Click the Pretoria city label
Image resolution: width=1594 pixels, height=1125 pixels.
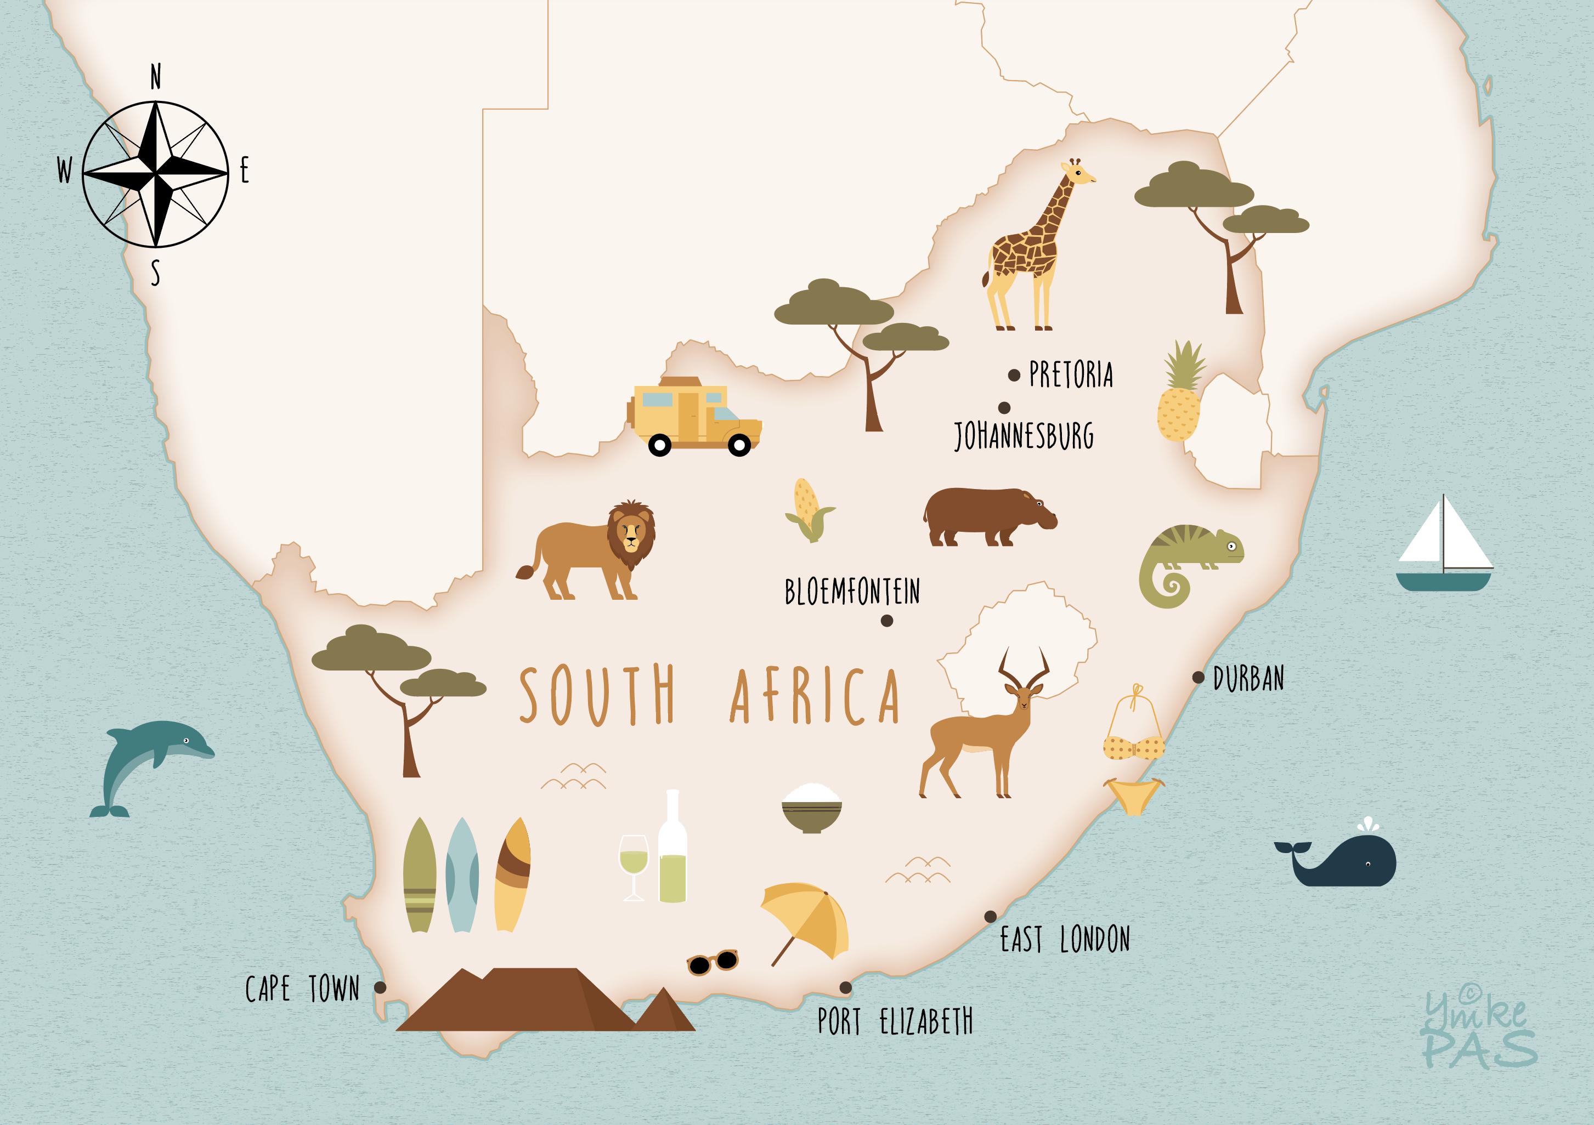[x=1071, y=375]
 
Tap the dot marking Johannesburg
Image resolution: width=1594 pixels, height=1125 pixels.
[x=1004, y=407]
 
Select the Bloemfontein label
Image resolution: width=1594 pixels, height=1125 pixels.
[x=852, y=592]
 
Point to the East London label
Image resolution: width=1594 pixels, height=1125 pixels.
[x=1064, y=940]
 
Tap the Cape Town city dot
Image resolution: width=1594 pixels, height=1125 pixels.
[x=380, y=987]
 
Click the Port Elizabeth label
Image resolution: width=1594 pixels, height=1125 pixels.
[x=895, y=1021]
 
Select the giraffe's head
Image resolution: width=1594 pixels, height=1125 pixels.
[x=1079, y=173]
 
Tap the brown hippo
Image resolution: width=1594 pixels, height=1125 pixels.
[x=986, y=516]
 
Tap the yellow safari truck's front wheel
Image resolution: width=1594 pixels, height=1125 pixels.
[x=740, y=444]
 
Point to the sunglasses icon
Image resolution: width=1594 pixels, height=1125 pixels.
[x=713, y=962]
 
